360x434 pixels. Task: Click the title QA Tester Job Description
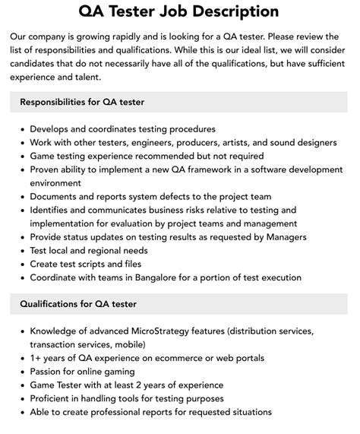[179, 11]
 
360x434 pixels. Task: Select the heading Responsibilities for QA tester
[82, 102]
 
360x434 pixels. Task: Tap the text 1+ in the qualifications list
[35, 358]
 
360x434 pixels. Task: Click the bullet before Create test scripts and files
[20, 264]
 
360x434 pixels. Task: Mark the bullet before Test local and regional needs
[20, 250]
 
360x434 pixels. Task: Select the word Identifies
[53, 210]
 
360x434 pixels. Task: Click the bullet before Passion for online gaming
[20, 372]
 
